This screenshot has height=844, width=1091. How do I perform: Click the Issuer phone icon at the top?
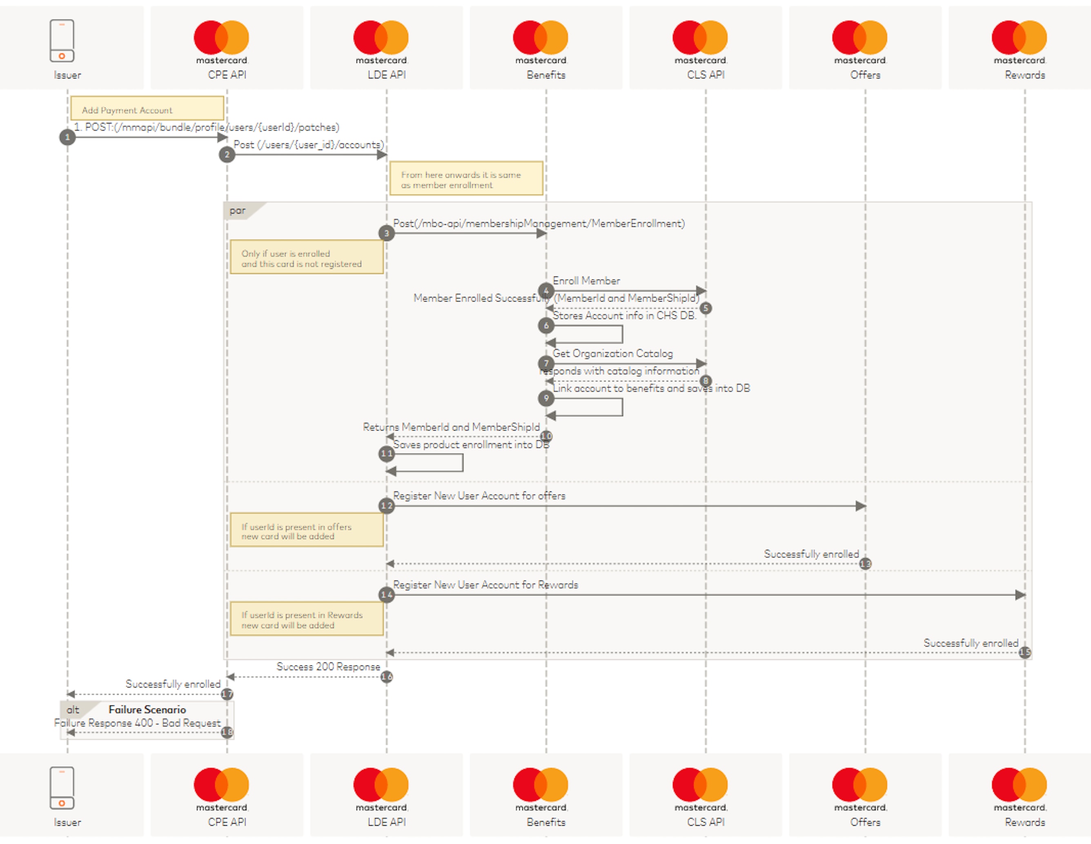click(x=62, y=40)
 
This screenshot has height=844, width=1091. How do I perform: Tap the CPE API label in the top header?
click(x=227, y=75)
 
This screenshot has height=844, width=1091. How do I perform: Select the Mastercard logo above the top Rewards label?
click(x=1019, y=38)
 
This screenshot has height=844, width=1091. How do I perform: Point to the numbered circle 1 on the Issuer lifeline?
click(x=67, y=137)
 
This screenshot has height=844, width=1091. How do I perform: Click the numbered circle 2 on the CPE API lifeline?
click(x=227, y=154)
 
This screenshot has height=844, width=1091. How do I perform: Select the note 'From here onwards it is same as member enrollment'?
click(x=466, y=179)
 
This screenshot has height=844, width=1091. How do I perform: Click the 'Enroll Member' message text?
click(x=586, y=281)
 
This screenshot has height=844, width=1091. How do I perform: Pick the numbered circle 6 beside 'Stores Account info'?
click(x=546, y=326)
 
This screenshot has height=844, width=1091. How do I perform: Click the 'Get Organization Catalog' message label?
click(x=612, y=354)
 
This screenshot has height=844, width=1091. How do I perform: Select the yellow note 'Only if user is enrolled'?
click(x=306, y=257)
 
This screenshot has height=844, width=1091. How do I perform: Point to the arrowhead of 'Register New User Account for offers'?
click(x=860, y=506)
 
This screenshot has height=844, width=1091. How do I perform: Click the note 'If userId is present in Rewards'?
click(x=306, y=619)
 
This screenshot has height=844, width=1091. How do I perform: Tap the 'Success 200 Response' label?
click(x=328, y=667)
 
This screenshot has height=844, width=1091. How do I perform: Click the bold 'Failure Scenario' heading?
click(x=147, y=710)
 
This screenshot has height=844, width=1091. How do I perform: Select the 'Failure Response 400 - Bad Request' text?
click(x=137, y=723)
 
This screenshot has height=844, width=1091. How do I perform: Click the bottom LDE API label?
click(x=386, y=822)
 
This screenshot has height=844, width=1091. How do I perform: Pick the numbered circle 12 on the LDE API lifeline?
click(x=386, y=506)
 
